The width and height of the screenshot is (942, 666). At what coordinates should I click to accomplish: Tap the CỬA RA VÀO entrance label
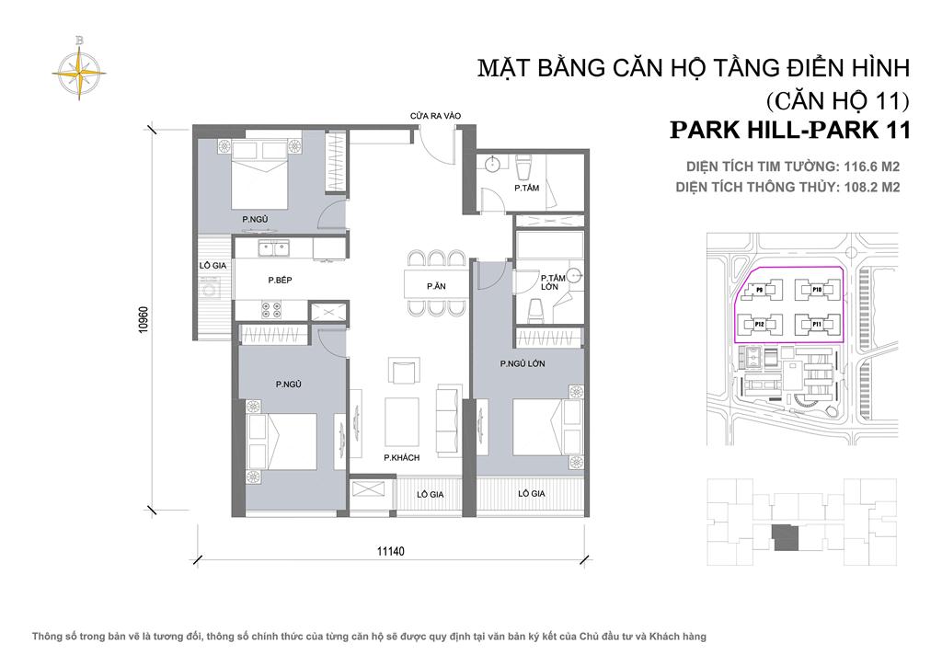(x=435, y=116)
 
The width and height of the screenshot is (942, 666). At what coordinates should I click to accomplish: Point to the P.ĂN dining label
(x=436, y=286)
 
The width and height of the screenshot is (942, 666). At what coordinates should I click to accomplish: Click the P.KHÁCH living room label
(x=402, y=457)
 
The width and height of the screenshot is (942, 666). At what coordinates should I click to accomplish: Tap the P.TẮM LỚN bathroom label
(x=552, y=282)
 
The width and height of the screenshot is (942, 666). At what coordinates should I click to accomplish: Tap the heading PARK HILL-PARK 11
(x=790, y=130)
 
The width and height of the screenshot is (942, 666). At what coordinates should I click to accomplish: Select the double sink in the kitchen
(x=273, y=247)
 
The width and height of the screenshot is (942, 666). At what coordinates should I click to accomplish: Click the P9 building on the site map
(x=761, y=290)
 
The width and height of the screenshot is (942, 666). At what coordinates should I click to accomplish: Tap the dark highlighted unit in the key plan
(x=785, y=536)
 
